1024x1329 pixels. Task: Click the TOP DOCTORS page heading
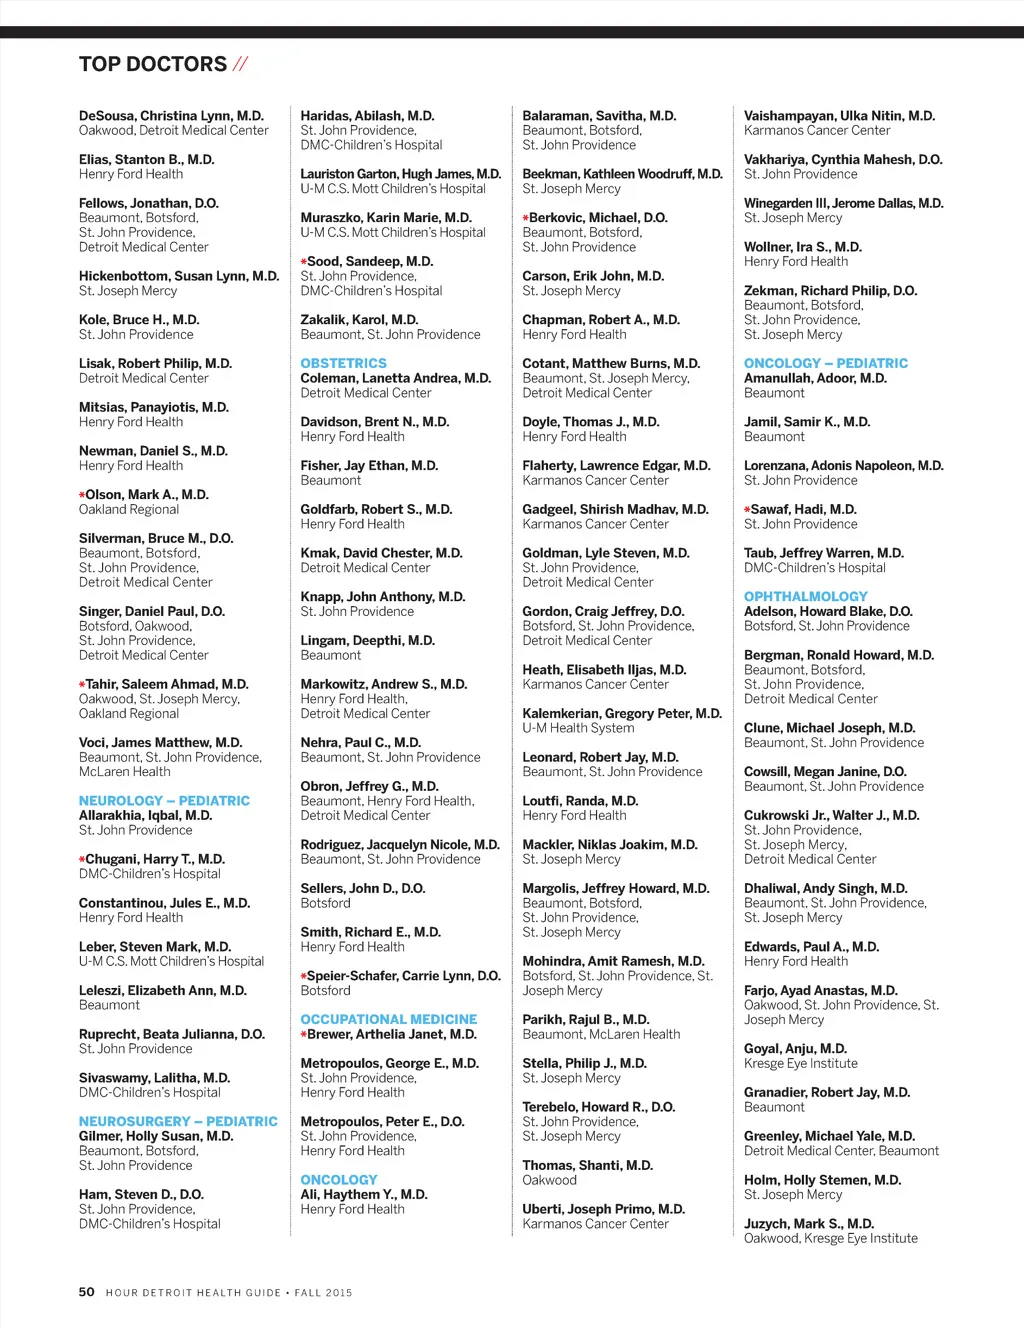tap(153, 65)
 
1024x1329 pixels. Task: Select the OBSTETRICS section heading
tap(343, 364)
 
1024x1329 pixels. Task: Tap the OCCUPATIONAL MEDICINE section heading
tap(389, 1019)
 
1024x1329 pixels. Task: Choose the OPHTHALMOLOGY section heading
tap(805, 597)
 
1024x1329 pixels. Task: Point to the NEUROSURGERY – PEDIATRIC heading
tap(178, 1122)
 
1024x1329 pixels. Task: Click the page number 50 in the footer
tap(87, 1292)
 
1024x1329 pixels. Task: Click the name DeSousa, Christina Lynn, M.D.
tap(171, 116)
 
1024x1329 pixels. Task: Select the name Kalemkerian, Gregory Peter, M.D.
tap(621, 714)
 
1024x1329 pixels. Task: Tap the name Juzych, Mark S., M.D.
tap(808, 1224)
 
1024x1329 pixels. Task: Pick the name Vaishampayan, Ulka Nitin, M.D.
tap(839, 116)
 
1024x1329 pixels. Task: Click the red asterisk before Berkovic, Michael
tap(525, 218)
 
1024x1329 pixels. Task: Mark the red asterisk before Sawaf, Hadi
tap(747, 510)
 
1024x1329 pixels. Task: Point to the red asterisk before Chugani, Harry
tap(82, 860)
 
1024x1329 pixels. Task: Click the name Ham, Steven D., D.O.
tap(141, 1195)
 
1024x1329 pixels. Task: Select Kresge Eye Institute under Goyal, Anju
tap(800, 1064)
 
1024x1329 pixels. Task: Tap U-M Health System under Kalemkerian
tap(578, 728)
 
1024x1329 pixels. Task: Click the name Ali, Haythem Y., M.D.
tap(364, 1195)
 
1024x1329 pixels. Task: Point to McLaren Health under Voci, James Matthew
tap(124, 772)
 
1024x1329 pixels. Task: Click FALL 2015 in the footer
tap(323, 1293)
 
